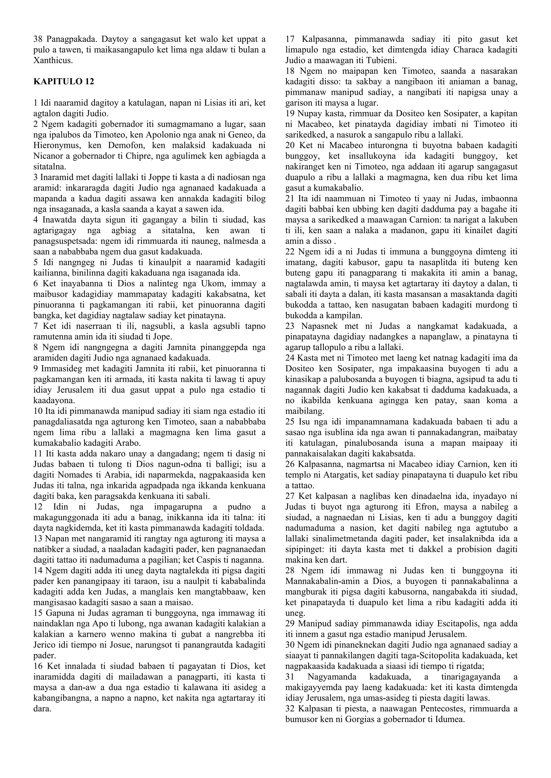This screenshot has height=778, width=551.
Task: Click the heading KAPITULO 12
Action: click(63, 82)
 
